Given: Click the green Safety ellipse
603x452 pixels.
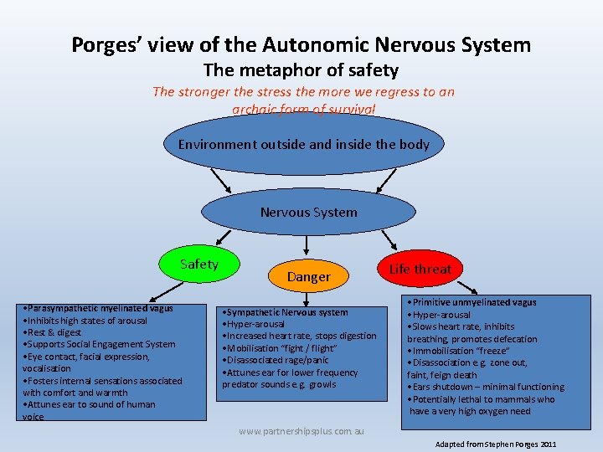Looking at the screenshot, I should pyautogui.click(x=199, y=265).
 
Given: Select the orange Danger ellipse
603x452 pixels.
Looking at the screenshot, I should pyautogui.click(x=308, y=276).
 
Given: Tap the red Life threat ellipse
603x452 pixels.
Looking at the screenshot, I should pyautogui.click(x=420, y=269).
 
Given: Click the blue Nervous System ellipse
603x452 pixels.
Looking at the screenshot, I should pyautogui.click(x=308, y=213).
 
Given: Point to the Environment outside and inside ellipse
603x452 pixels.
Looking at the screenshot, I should pyautogui.click(x=303, y=144).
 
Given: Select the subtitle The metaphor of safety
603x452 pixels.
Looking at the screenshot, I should pyautogui.click(x=301, y=70).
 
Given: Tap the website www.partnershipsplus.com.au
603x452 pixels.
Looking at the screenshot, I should pyautogui.click(x=301, y=431).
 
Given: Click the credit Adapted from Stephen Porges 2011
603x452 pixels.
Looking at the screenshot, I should pyautogui.click(x=496, y=444).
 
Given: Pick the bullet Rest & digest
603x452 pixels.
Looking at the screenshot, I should pyautogui.click(x=54, y=332).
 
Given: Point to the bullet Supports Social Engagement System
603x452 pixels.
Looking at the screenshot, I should pyautogui.click(x=100, y=344).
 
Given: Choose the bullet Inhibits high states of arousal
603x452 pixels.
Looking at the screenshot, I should pyautogui.click(x=85, y=321).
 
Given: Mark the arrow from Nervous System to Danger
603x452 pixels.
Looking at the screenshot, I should pyautogui.click(x=308, y=244).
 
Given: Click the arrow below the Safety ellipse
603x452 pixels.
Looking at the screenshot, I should pyautogui.click(x=167, y=289).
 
